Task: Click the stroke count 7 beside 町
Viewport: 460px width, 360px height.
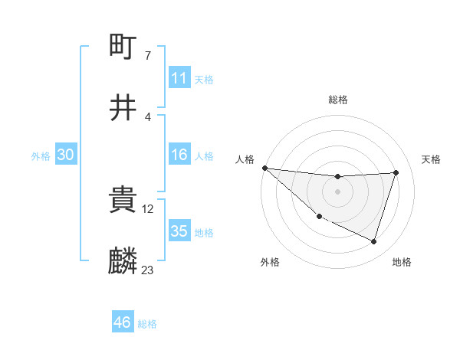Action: (147, 56)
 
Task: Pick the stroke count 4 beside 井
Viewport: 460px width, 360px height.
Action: (147, 116)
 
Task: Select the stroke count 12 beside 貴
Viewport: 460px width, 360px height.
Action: (149, 208)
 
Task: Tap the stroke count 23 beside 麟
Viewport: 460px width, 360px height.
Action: (148, 270)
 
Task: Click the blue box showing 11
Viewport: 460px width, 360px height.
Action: (179, 78)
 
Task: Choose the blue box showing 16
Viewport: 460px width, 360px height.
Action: (179, 155)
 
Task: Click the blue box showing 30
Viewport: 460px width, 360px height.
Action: (65, 155)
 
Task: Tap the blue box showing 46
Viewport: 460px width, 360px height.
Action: (122, 323)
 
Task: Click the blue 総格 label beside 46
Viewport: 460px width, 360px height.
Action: (147, 324)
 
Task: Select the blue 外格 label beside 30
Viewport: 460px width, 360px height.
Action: (41, 156)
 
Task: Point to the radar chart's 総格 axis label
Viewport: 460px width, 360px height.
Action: (338, 100)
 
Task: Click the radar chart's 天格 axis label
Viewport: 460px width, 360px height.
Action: (432, 159)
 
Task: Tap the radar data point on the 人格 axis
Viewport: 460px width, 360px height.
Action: (264, 168)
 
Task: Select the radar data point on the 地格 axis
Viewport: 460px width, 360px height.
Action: (374, 242)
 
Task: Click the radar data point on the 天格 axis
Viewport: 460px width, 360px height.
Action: (396, 172)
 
